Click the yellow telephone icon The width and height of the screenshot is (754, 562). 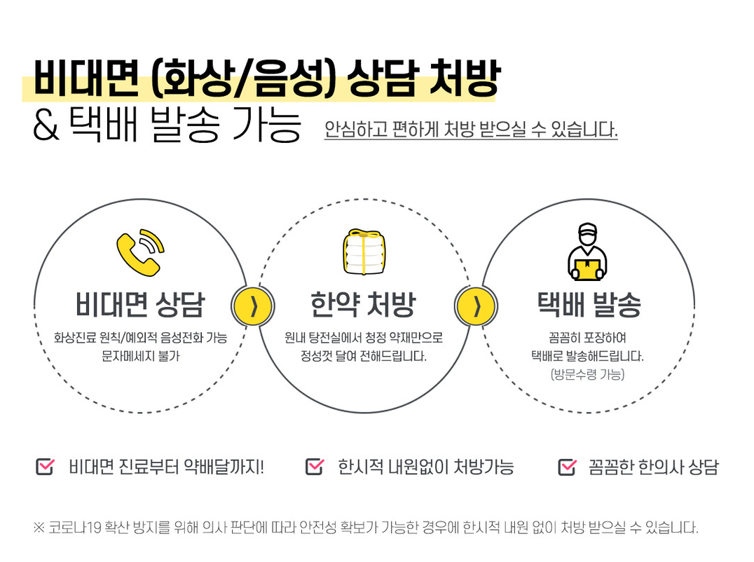[x=139, y=250]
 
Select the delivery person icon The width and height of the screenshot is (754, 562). [x=587, y=251]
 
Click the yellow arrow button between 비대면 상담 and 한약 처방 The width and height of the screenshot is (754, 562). [x=252, y=306]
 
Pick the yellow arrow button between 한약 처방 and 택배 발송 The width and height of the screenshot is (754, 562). [x=476, y=306]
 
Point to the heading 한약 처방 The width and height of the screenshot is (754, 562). [x=363, y=305]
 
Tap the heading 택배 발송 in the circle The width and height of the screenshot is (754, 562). [x=589, y=305]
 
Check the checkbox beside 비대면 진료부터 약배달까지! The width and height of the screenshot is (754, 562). [x=45, y=466]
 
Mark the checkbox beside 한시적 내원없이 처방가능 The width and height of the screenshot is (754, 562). [x=315, y=466]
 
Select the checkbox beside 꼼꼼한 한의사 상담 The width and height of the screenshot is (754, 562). [x=566, y=466]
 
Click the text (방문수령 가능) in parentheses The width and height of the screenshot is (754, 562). [x=587, y=374]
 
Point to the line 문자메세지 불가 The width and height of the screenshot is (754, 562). [x=140, y=356]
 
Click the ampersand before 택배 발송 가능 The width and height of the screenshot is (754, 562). [x=46, y=128]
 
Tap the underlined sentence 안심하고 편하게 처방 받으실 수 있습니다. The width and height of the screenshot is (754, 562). [x=471, y=130]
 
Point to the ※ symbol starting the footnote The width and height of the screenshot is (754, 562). [x=39, y=528]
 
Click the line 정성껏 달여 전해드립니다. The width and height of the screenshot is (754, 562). [x=363, y=356]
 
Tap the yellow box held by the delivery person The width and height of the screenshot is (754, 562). [x=587, y=267]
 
